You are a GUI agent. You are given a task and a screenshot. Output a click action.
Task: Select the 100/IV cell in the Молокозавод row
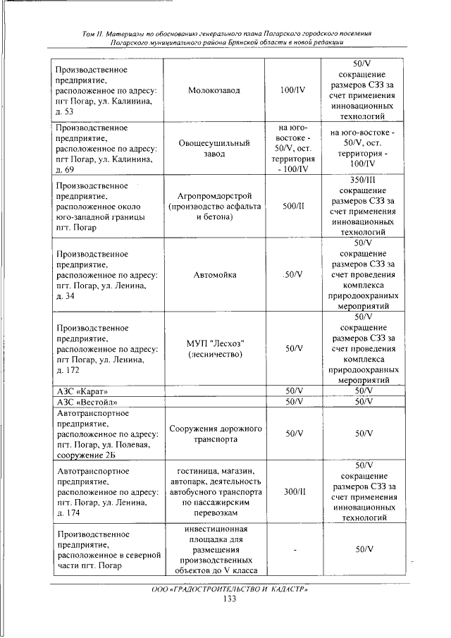click(291, 91)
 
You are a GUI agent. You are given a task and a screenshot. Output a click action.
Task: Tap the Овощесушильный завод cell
click(214, 149)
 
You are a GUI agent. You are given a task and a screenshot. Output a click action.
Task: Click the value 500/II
click(291, 206)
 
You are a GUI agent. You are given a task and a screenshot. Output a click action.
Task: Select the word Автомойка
click(214, 274)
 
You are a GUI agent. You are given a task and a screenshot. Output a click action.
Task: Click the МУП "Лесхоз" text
click(214, 343)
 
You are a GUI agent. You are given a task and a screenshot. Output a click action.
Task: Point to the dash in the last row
click(291, 548)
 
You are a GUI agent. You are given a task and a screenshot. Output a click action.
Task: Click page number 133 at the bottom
click(228, 599)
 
